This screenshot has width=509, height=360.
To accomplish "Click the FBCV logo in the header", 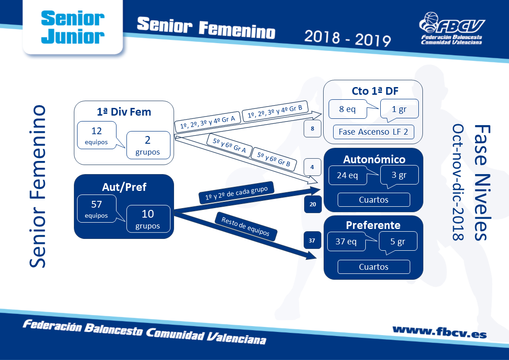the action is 451,28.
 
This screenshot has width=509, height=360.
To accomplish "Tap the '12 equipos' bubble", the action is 97,136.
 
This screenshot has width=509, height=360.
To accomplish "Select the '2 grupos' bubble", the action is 148,145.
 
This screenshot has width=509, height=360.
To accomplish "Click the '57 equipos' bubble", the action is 97,209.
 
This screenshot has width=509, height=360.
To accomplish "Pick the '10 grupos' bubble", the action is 148,219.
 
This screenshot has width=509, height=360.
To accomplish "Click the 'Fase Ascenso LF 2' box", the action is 373,132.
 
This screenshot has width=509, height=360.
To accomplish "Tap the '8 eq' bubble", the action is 348,109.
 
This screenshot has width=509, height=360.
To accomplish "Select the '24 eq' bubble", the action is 348,175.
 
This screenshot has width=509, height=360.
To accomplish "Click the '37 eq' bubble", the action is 346,241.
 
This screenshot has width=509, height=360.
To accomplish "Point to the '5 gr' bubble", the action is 398,242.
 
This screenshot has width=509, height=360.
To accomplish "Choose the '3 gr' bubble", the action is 399,175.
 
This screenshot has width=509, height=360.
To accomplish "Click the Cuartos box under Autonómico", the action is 373,199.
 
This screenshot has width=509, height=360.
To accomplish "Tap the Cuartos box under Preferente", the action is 373,267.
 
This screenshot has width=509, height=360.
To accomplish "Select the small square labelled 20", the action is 313,204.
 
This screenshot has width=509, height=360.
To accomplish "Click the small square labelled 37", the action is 312,241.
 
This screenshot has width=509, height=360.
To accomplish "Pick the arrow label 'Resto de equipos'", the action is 246,226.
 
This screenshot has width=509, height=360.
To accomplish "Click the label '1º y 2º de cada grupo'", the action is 237,193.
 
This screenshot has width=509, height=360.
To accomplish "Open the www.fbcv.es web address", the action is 440,332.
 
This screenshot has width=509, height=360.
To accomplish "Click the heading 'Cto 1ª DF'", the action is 375,91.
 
